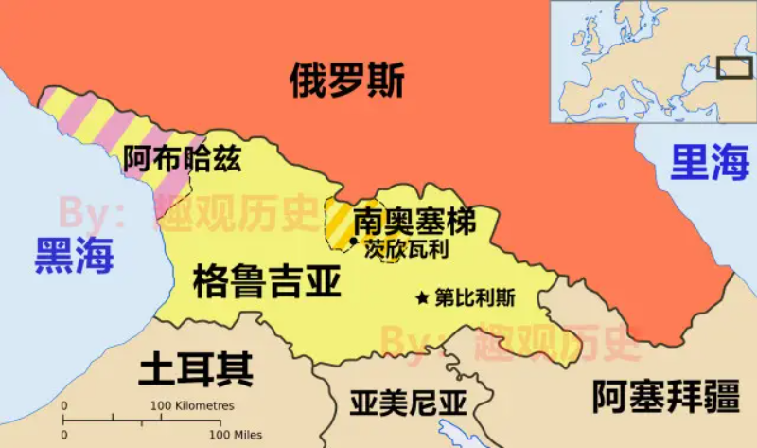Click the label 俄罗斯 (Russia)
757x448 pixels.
(346, 81)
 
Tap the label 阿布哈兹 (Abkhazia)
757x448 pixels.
(182, 159)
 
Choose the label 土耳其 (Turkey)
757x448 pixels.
(196, 368)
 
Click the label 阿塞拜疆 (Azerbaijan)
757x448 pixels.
(665, 396)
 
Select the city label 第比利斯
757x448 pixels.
(475, 297)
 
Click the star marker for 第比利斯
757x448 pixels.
(422, 297)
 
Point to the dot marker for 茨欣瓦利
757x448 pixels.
(354, 242)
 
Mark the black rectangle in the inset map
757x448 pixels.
(734, 67)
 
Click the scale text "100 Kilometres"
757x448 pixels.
(195, 405)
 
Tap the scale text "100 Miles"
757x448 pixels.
(234, 435)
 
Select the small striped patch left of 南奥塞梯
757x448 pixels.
(337, 225)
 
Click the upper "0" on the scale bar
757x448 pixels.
(64, 405)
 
